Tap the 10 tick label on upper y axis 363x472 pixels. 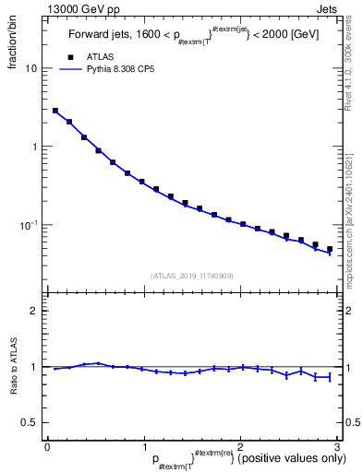pos(30,68)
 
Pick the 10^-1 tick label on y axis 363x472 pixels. pos(29,225)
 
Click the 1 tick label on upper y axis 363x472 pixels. pos(34,147)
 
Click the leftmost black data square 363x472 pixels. pos(55,111)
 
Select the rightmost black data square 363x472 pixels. pos(329,249)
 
